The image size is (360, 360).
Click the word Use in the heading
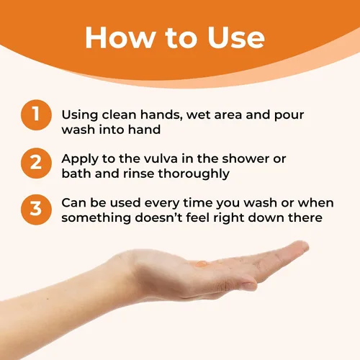click(x=236, y=37)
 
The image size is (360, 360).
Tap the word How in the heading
click(x=120, y=37)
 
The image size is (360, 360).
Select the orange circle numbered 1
click(x=36, y=115)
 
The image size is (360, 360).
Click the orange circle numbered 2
click(x=36, y=163)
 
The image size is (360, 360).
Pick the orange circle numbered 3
click(x=36, y=210)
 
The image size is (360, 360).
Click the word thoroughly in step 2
click(x=194, y=174)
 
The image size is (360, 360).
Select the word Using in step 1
click(x=80, y=115)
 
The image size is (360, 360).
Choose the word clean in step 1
click(x=119, y=114)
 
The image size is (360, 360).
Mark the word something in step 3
click(x=96, y=218)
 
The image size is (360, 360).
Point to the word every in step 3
click(x=162, y=204)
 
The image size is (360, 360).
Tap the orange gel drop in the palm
click(x=201, y=264)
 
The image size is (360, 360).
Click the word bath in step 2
click(x=76, y=174)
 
